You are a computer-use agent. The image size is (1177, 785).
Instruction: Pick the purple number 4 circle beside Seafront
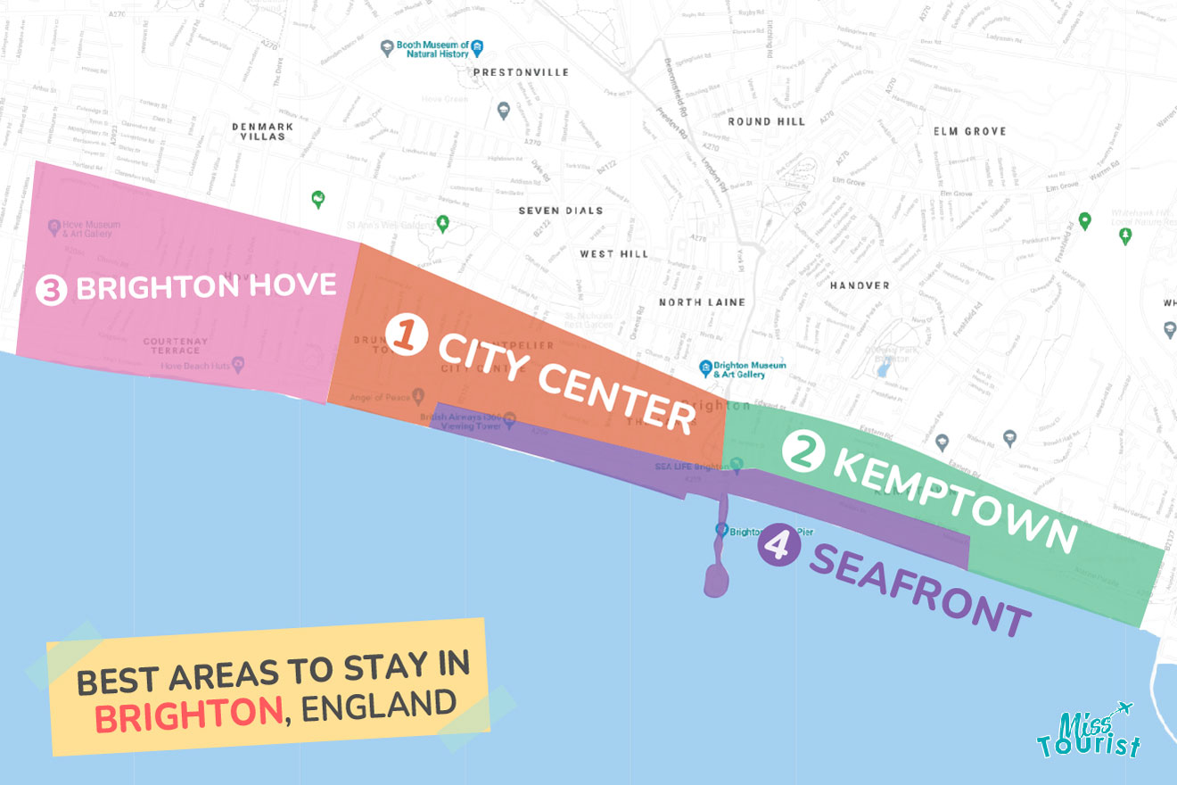[x=779, y=544]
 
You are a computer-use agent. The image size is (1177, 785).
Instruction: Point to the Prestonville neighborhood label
[x=521, y=72]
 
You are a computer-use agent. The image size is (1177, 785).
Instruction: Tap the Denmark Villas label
[x=263, y=131]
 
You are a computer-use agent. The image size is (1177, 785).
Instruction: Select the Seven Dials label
[x=561, y=211]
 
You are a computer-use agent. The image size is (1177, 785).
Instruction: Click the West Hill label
[x=609, y=254]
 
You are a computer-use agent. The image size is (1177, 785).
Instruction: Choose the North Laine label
[x=702, y=302]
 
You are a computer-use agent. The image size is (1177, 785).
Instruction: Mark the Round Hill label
[x=766, y=121]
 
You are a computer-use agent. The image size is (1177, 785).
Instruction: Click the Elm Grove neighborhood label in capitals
[x=969, y=131]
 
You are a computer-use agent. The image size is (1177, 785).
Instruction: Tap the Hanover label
[x=860, y=285]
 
